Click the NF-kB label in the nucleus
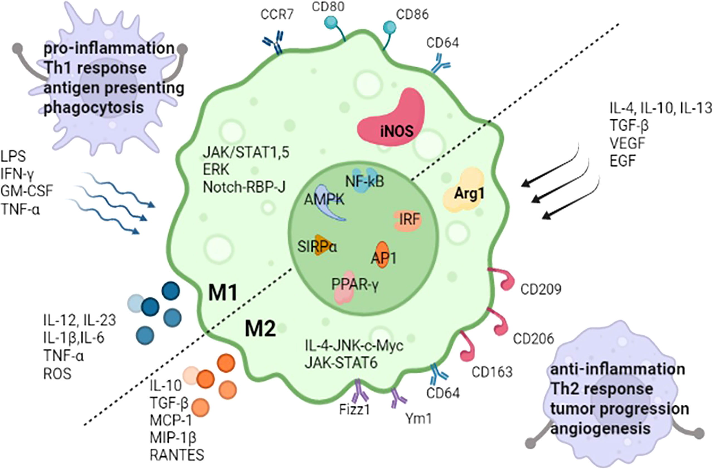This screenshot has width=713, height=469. (x=365, y=181)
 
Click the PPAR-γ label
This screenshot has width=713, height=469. (x=355, y=284)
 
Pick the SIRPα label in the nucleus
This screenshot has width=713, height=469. (x=317, y=247)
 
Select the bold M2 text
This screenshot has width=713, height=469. (x=260, y=329)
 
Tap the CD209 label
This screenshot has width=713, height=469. (x=541, y=289)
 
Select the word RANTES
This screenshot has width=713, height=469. (x=177, y=455)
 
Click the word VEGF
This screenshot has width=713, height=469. (x=627, y=143)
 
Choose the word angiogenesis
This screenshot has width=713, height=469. (x=600, y=429)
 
